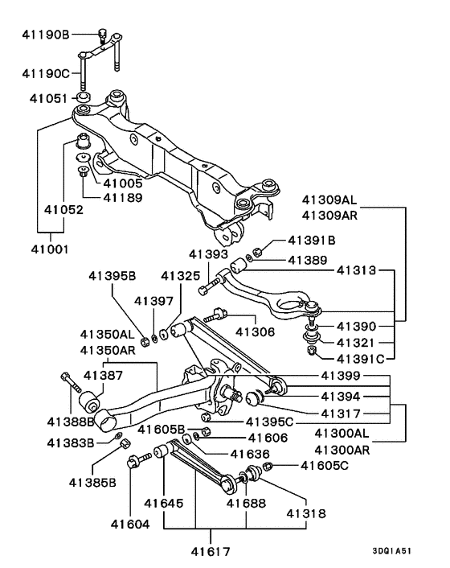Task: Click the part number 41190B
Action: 44,35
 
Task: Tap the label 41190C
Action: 44,72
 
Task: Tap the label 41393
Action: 207,254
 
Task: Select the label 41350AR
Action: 107,349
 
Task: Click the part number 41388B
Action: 70,421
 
